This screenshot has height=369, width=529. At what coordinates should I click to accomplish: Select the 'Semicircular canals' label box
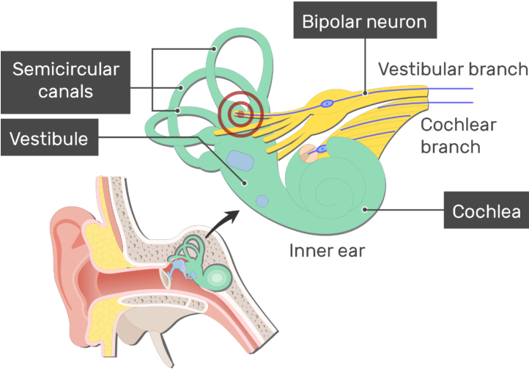66,81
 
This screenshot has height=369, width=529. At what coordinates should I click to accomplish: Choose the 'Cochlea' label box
486,212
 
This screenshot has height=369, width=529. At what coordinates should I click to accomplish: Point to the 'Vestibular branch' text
452,69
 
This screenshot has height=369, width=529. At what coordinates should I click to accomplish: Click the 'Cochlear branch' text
459,135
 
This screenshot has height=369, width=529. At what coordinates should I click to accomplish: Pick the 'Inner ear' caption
327,251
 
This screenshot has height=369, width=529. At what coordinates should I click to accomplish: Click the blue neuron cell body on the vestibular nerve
328,104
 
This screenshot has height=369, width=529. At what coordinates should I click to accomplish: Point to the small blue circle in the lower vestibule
262,200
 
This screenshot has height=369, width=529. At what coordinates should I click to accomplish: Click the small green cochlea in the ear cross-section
215,277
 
